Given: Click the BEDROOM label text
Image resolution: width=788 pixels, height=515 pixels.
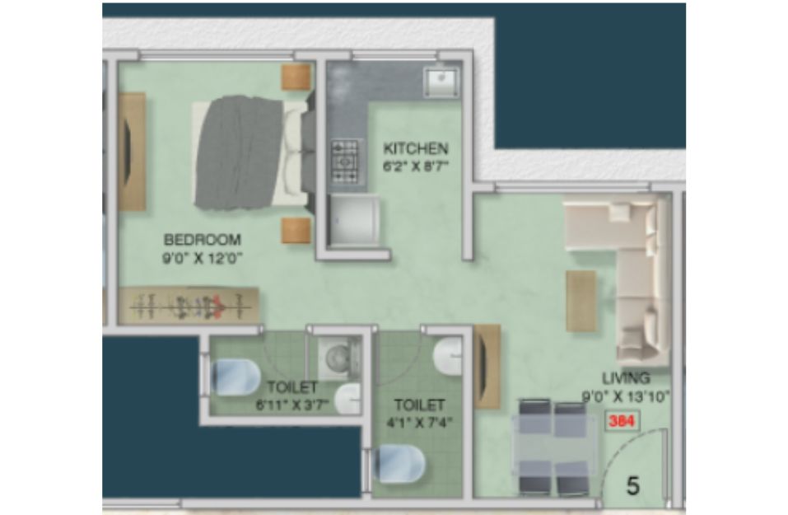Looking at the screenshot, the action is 202,240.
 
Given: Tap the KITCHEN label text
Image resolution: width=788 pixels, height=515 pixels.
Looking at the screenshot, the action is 415,148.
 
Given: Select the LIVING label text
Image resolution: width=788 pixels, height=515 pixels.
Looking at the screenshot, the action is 626,377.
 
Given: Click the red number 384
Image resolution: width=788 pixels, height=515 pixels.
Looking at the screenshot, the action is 622,421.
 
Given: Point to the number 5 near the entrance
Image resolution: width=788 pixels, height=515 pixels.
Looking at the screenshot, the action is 633,486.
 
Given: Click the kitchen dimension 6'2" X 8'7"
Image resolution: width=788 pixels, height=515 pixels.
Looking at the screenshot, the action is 415,166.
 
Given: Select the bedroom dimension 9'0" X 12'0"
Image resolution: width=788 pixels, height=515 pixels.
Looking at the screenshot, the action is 202,259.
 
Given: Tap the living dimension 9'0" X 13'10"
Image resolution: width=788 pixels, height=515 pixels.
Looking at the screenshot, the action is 626,397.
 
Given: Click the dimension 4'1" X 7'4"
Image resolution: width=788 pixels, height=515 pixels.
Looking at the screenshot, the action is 419,423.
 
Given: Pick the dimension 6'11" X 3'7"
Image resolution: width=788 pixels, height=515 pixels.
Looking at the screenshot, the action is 292,405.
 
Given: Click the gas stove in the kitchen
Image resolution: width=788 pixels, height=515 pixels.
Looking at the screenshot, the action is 345,162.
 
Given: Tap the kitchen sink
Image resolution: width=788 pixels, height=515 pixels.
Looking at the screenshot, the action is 441,82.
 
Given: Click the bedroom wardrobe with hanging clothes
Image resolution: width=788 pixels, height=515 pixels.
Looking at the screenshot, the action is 189,305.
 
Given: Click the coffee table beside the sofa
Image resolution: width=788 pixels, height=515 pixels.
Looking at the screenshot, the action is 581,301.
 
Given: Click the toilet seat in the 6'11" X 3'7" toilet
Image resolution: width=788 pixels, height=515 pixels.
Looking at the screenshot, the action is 235,377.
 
